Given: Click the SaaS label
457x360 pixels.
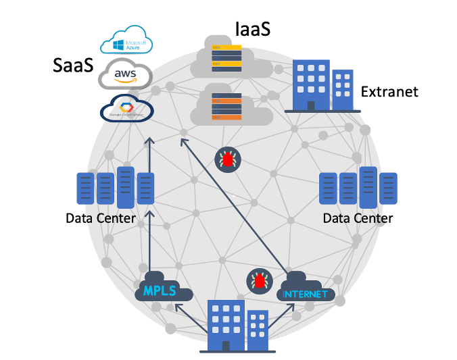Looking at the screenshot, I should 72,66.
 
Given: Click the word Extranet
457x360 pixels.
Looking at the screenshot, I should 389,92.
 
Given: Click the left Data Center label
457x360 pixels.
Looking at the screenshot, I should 101,219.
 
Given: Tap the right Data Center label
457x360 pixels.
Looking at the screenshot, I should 358,219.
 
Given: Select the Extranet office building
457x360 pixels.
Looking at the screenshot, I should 322,85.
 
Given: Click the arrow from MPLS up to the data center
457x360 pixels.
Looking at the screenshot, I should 150,240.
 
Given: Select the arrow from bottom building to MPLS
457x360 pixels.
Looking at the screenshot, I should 190,319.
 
